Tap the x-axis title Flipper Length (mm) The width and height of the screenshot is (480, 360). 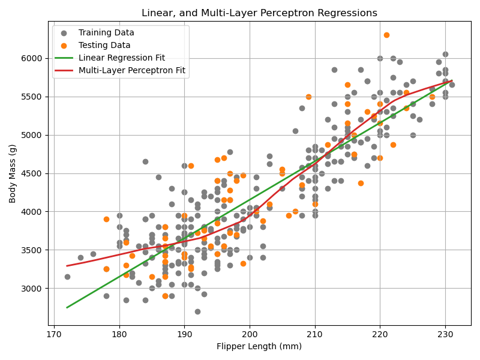point(259,346)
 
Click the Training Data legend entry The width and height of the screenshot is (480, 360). point(106,33)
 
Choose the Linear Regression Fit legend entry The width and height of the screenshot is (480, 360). point(122,58)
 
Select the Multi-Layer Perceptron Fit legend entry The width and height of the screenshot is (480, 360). point(131,71)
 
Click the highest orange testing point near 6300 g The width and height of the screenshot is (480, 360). point(386,35)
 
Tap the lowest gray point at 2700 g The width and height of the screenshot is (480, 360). point(197,311)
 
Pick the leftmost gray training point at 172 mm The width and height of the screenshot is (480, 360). point(67,277)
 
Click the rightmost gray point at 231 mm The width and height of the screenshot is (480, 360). point(452,85)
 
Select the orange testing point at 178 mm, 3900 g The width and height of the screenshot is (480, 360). point(106,219)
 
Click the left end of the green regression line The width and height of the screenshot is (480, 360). point(67,307)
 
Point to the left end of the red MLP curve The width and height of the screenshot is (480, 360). point(67,265)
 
